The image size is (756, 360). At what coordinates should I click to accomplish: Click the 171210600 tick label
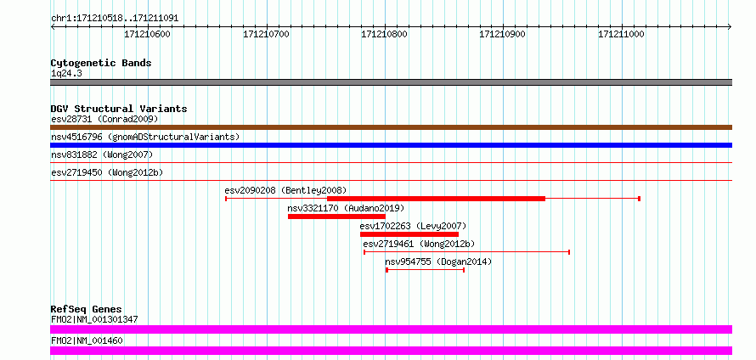(148, 34)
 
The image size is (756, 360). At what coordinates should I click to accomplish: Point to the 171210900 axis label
(502, 34)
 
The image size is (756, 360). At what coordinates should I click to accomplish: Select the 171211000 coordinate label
(621, 34)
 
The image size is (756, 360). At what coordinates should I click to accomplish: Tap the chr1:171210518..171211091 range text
(115, 19)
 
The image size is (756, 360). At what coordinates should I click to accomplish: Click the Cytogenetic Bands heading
(101, 63)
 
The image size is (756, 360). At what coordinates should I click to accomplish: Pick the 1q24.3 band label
(66, 73)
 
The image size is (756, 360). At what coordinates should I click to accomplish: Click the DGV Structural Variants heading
(119, 109)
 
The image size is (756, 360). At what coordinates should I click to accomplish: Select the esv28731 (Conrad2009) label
(104, 119)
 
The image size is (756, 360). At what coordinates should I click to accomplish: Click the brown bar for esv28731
(391, 127)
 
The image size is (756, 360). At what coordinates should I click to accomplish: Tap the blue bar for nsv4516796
(391, 145)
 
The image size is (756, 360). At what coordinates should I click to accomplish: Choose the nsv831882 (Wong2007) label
(102, 155)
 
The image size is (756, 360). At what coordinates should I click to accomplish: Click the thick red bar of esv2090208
(436, 199)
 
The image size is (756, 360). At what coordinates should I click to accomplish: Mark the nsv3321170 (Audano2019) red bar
(336, 217)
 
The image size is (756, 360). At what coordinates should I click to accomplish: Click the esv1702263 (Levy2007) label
(413, 226)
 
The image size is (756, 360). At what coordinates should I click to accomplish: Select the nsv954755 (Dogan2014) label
(438, 262)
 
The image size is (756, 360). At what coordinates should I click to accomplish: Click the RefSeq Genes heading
(87, 309)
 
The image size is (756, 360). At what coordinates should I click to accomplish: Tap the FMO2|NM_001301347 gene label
(94, 319)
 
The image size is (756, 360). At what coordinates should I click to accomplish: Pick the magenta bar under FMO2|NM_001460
(391, 351)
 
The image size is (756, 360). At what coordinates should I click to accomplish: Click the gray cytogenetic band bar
(391, 82)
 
